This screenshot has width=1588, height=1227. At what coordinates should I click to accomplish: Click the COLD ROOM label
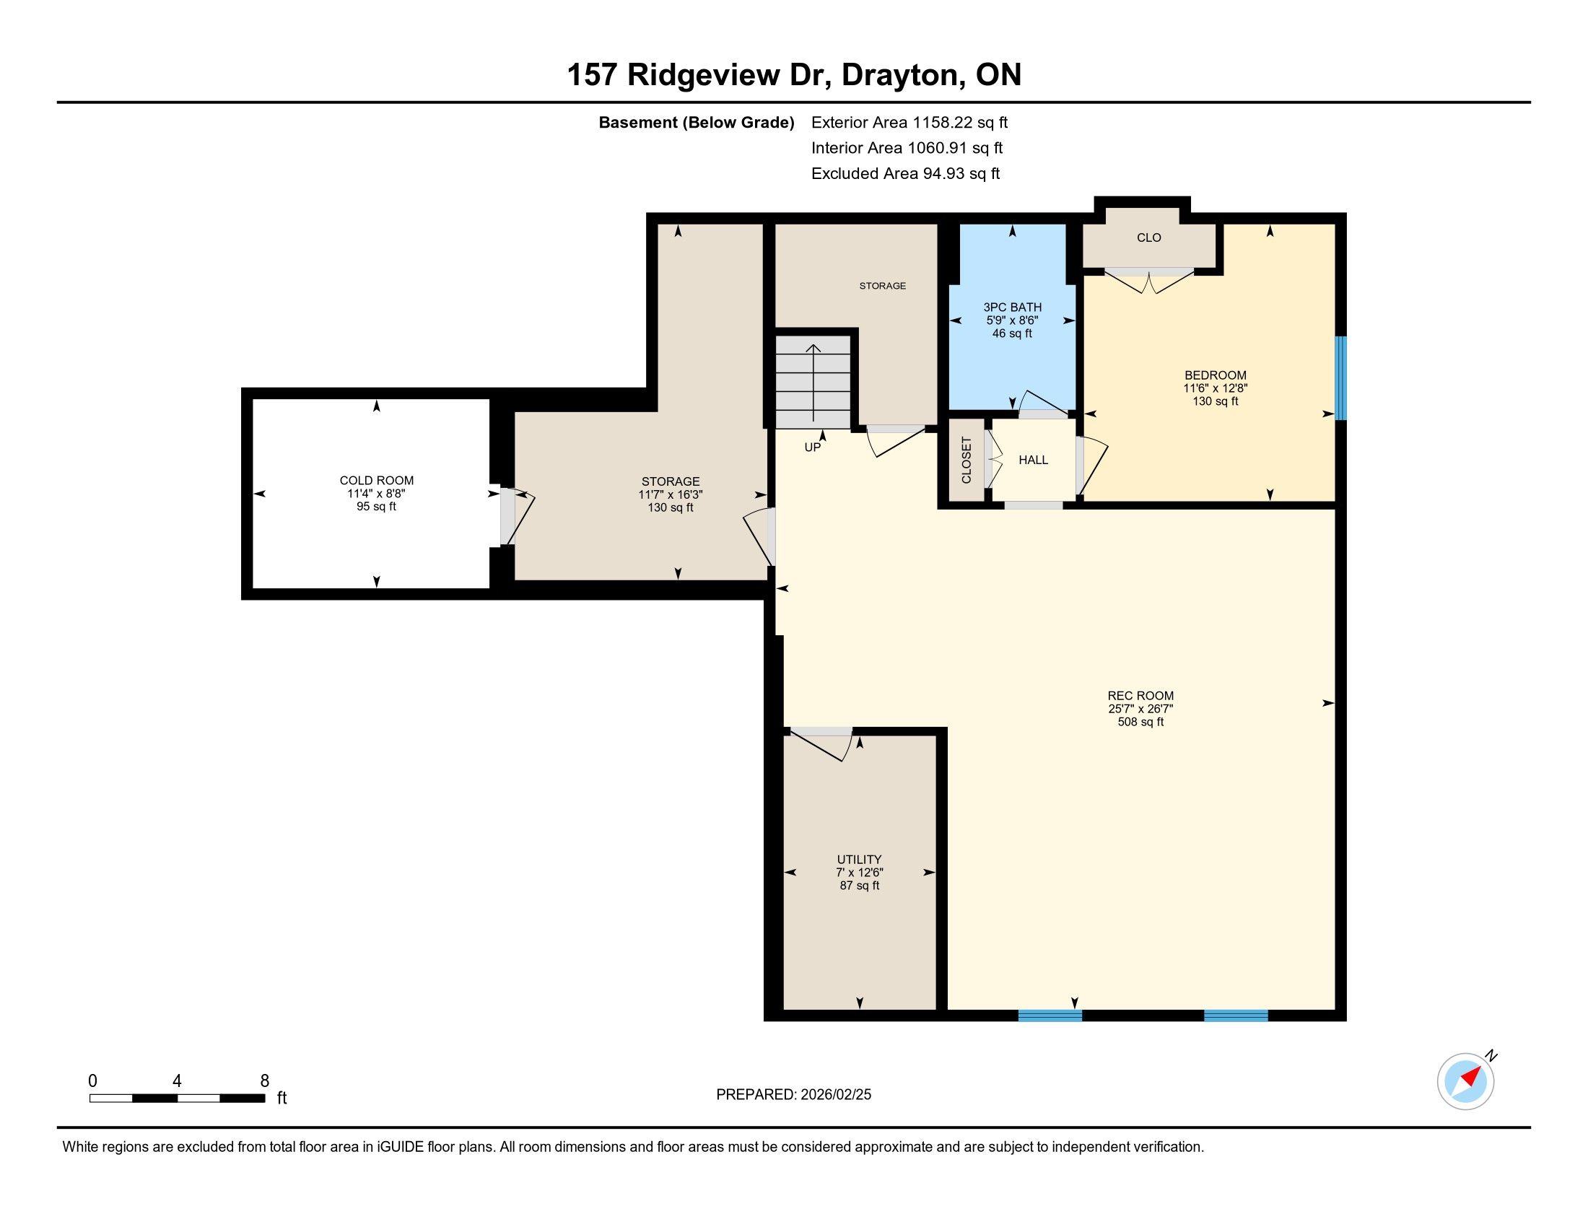tap(377, 481)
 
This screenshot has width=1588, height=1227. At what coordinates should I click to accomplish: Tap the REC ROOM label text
tap(1140, 696)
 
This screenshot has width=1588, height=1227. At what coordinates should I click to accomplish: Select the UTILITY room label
tap(860, 859)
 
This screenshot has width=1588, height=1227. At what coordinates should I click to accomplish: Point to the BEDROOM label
tap(1215, 375)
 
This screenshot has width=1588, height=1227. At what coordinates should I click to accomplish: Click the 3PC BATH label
tap(1012, 307)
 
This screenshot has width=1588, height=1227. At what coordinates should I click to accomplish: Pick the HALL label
tap(1033, 460)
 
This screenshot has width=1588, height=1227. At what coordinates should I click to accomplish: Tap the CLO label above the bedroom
tap(1149, 237)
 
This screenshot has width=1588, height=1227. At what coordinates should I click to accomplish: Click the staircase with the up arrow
tap(813, 382)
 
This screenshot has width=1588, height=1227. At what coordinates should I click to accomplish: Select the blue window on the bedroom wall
tap(1341, 378)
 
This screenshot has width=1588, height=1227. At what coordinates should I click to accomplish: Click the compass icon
tap(1466, 1081)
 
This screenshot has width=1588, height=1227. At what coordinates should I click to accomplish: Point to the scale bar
tap(177, 1099)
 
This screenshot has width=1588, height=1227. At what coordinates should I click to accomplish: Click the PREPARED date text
tap(793, 1095)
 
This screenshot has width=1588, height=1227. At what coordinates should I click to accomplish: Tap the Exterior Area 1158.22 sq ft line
tap(909, 123)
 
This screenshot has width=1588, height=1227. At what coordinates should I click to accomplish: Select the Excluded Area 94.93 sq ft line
tap(906, 174)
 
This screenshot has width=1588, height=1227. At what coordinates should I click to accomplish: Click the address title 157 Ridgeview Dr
tap(699, 75)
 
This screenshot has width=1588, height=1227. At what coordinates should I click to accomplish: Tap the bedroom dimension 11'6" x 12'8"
tap(1215, 389)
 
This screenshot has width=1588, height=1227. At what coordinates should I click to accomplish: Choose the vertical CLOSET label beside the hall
tap(967, 460)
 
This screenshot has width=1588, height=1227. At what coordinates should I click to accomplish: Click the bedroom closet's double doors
tap(1149, 281)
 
